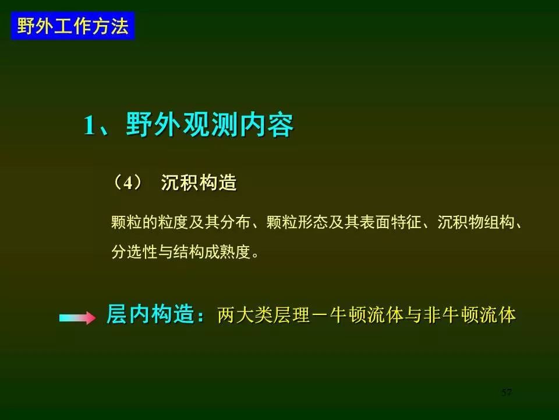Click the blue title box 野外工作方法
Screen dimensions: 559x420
[x=73, y=26]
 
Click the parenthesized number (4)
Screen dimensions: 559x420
[x=128, y=183]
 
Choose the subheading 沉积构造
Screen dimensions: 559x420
[x=199, y=182]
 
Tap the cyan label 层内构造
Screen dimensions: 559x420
[x=150, y=314]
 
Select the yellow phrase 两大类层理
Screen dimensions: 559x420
[x=264, y=315]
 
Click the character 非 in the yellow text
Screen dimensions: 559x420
[x=432, y=315]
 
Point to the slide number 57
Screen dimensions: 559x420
[x=506, y=392]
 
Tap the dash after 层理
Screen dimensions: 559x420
[x=320, y=316]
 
